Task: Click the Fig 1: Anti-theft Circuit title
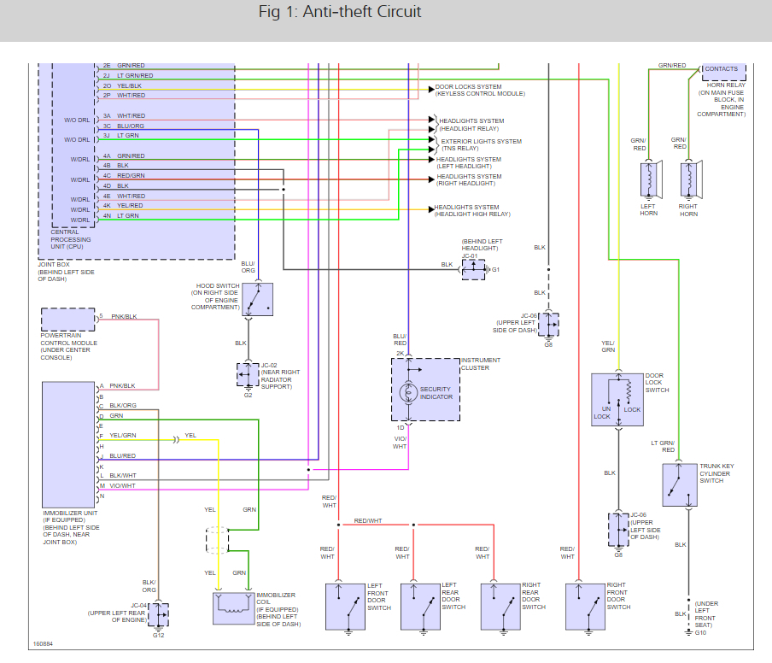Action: (339, 13)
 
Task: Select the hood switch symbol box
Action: (257, 299)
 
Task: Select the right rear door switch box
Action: (500, 606)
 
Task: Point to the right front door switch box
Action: (586, 606)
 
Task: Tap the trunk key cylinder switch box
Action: (679, 485)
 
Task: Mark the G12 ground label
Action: (158, 636)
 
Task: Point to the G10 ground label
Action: (700, 632)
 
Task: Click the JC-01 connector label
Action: (471, 255)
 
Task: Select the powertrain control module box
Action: (68, 320)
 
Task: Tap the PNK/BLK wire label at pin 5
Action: (124, 316)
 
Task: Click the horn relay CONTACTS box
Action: (722, 69)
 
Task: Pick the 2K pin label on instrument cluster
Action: (399, 353)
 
